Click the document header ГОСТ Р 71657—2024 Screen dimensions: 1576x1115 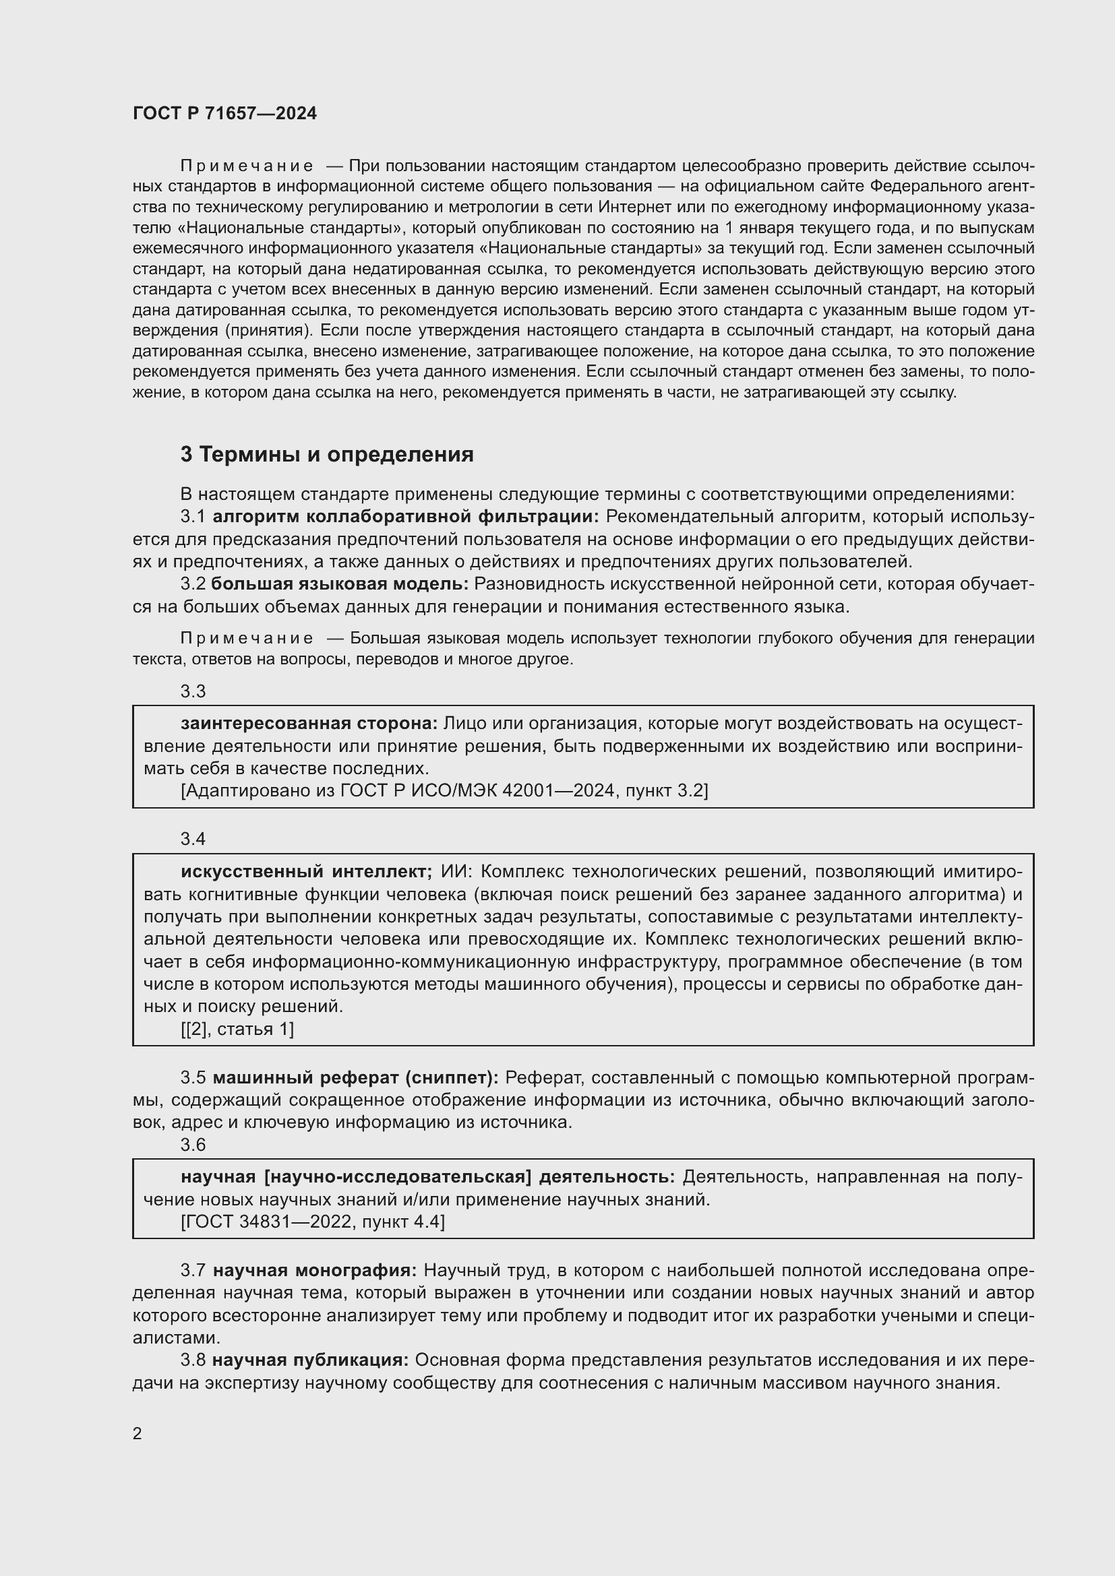pos(224,114)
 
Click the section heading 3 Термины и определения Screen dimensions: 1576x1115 pos(327,454)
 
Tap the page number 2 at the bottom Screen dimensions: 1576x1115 pos(138,1433)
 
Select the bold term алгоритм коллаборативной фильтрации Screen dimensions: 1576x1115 pos(406,516)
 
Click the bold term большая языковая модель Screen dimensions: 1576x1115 pos(339,584)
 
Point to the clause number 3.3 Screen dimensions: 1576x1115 pos(193,691)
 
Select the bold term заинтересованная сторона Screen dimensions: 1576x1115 pos(309,724)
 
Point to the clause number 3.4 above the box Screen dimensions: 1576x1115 pos(193,839)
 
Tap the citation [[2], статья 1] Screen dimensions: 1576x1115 pos(237,1029)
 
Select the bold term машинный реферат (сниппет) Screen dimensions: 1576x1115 pos(356,1077)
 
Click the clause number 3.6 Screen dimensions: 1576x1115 pos(193,1144)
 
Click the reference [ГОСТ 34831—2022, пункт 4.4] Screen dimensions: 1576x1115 pos(312,1222)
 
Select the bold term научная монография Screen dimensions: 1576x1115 pos(314,1271)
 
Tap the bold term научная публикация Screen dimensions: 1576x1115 pos(310,1360)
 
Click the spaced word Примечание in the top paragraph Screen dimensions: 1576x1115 pos(247,166)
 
